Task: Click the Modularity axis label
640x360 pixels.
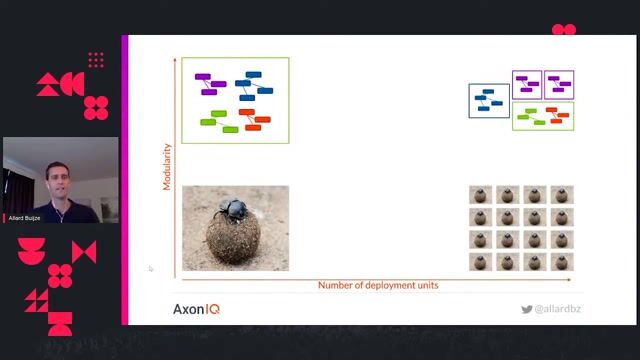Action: pyautogui.click(x=168, y=167)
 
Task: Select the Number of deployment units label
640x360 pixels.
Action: pyautogui.click(x=378, y=285)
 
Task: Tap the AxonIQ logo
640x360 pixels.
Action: pyautogui.click(x=196, y=309)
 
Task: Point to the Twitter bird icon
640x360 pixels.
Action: pyautogui.click(x=526, y=309)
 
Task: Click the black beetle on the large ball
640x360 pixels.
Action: pyautogui.click(x=233, y=208)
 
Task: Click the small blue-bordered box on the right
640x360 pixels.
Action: pyautogui.click(x=489, y=100)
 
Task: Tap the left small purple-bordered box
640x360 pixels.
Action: pyautogui.click(x=527, y=84)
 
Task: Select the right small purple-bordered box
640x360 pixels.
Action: pyautogui.click(x=558, y=84)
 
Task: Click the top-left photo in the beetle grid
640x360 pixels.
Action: pyautogui.click(x=482, y=194)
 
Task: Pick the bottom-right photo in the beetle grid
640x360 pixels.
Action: pyautogui.click(x=562, y=261)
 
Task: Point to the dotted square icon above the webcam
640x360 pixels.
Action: pyautogui.click(x=96, y=61)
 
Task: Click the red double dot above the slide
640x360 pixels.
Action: pyautogui.click(x=564, y=30)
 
